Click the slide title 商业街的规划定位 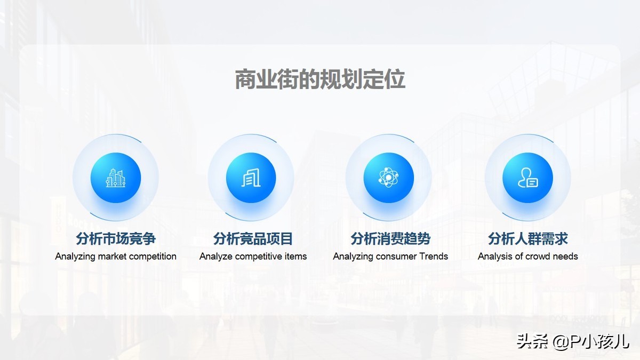(x=320, y=79)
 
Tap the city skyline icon (x=115, y=178)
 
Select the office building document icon (x=251, y=178)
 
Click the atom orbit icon (x=388, y=178)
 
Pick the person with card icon (x=527, y=178)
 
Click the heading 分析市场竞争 (x=116, y=238)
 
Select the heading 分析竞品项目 (x=253, y=238)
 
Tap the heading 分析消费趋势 (x=390, y=238)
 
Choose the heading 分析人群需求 (x=528, y=238)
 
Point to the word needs (x=566, y=257)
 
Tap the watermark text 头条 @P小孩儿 (x=573, y=341)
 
